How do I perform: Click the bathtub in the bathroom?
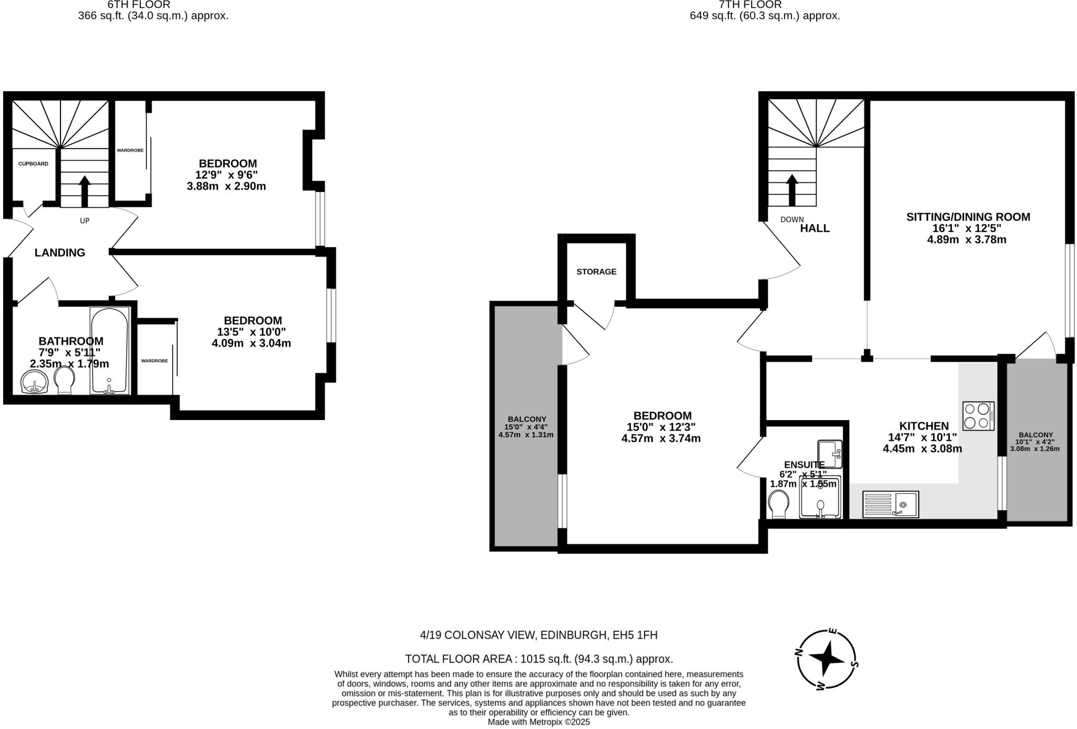[x=109, y=351]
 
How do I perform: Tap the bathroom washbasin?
[x=35, y=382]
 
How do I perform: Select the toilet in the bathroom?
[x=65, y=380]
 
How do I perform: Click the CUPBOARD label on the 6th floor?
[x=33, y=164]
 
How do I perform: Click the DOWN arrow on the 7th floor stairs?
[x=792, y=189]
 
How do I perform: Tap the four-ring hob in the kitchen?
[x=978, y=416]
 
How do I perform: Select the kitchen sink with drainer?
[x=890, y=504]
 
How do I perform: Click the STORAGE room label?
[x=596, y=272]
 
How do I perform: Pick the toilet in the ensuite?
[x=778, y=504]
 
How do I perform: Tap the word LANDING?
[x=60, y=253]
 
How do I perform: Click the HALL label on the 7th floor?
[x=815, y=228]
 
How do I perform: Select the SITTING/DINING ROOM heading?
[x=968, y=217]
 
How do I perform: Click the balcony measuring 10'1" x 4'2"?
[x=1034, y=442]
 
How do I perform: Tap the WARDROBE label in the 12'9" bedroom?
[x=130, y=151]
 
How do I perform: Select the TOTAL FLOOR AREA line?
[x=538, y=659]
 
